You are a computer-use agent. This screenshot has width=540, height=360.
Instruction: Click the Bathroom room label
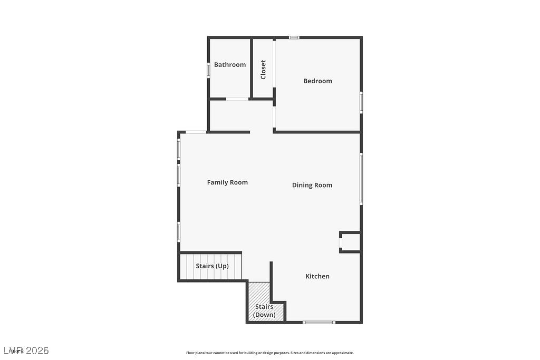pos(230,65)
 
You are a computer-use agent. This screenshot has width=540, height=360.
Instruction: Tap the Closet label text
pos(263,70)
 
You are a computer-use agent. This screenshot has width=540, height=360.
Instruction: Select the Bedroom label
pos(317,81)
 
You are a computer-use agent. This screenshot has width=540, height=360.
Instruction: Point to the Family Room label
pos(227,182)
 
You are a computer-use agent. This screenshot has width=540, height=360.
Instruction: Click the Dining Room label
pos(312,185)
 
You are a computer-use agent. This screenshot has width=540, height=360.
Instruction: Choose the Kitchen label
pos(317,276)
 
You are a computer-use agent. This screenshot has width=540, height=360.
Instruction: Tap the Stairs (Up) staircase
pos(211,267)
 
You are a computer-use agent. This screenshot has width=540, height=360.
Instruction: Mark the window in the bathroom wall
pos(208,70)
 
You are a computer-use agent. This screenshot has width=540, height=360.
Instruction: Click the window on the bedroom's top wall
pos(294,37)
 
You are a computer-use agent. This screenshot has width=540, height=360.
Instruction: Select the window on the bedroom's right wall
pos(361,102)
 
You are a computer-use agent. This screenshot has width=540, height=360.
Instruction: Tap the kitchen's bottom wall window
pos(319,322)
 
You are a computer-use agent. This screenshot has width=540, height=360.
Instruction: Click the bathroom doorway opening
pos(237,99)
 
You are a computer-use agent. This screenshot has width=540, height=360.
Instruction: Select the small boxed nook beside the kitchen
pos(351,242)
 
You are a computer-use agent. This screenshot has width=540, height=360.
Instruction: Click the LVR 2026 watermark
pos(26,351)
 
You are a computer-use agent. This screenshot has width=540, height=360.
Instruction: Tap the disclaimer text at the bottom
pos(269,353)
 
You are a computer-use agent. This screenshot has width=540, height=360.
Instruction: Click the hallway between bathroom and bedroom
pos(240,115)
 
